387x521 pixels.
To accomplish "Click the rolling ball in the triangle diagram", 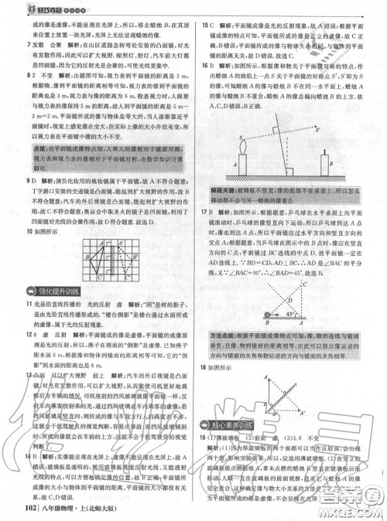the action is point(267,315).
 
